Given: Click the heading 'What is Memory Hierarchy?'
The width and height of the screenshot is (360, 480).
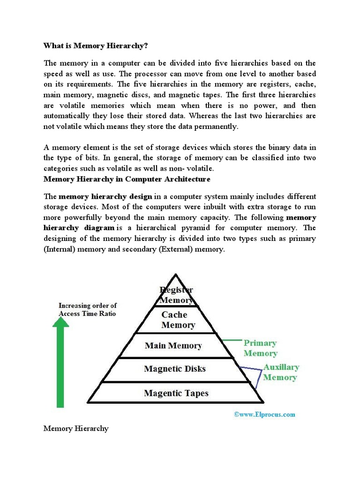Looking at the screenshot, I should (96, 45).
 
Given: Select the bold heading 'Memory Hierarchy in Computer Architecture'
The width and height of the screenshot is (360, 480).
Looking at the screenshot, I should (127, 179).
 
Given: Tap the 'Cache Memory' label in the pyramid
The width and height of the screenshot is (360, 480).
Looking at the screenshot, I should (178, 320).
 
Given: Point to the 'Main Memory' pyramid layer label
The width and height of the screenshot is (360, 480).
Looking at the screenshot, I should (173, 346).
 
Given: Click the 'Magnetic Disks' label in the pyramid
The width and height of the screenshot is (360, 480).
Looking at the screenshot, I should (175, 369).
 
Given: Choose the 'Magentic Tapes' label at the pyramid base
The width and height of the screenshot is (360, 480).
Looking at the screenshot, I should (175, 393).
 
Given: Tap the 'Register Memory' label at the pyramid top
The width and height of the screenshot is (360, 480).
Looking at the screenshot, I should (176, 295).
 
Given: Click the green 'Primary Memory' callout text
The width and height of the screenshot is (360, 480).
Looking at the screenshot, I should (260, 348).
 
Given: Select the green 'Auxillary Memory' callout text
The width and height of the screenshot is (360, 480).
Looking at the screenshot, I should (280, 372).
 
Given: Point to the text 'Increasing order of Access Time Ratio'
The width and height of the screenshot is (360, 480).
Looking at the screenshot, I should (87, 309).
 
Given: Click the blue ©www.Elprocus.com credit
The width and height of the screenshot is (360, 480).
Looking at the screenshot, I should (264, 414).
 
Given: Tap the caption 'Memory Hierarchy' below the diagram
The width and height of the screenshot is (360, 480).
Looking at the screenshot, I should (76, 428).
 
